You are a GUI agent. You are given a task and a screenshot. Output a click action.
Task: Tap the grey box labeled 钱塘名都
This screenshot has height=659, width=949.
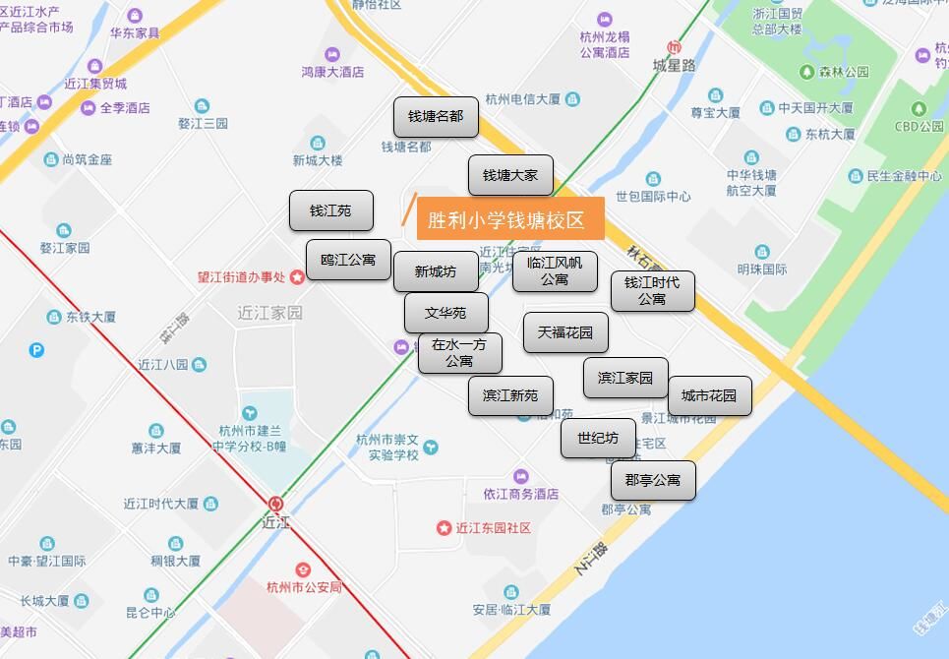coord(436,116)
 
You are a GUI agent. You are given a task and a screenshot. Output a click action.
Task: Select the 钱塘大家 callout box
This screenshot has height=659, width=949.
coord(510,175)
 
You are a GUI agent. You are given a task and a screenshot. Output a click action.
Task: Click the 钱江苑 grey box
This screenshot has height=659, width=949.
coord(330,210)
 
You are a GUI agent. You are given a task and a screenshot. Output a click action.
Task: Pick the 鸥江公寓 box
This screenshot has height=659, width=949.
coord(348,260)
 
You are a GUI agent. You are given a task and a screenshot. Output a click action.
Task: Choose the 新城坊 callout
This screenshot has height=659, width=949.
coord(436,271)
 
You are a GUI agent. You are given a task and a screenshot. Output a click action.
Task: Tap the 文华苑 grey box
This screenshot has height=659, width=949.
coord(445,313)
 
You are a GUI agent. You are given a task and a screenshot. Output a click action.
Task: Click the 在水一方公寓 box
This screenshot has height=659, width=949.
coord(459,353)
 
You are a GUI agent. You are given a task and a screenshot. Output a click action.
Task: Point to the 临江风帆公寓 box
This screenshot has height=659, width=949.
coord(555,270)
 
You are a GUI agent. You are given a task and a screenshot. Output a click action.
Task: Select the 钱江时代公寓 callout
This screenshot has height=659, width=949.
coord(652,290)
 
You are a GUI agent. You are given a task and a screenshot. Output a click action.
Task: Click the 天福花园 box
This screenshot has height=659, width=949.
coord(565,332)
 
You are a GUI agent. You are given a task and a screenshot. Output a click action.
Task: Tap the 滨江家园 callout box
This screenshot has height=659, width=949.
coord(625,378)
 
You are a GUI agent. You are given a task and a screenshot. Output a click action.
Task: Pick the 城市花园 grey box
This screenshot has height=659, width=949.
coord(709,395)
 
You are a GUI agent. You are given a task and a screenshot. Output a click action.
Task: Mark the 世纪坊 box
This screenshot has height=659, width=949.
coord(598,438)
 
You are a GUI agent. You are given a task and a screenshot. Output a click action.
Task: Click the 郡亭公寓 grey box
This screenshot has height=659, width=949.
coord(653,480)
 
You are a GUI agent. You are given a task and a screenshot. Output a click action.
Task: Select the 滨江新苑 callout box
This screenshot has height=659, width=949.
coord(510,395)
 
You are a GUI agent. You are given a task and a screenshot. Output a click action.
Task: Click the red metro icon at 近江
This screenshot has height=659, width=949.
coord(275,505)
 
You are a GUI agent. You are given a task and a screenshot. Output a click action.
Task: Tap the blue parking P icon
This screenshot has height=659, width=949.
coord(37,349)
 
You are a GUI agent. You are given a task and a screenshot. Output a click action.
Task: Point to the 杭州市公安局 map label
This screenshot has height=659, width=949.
coord(304,587)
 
